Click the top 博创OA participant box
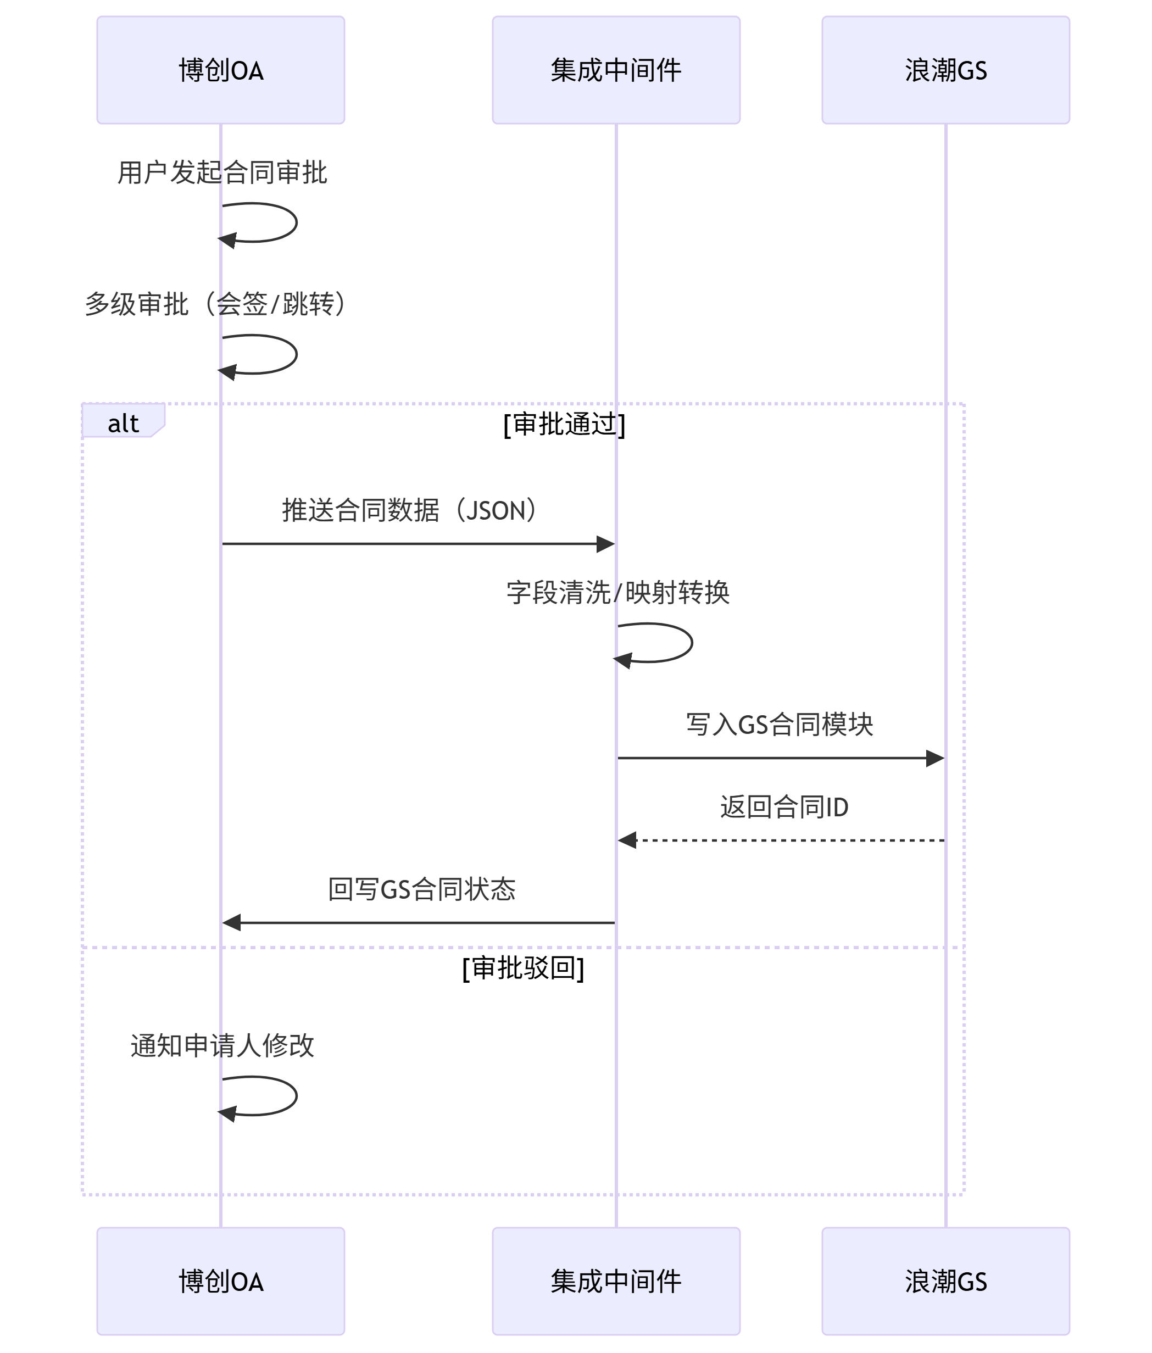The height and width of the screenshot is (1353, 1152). (221, 70)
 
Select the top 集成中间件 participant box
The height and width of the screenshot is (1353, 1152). (616, 70)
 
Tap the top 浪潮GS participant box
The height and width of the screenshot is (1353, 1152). (945, 70)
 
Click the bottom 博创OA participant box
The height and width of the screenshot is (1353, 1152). (221, 1281)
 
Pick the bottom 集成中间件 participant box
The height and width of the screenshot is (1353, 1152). (616, 1281)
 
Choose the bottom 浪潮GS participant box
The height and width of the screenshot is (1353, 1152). (945, 1281)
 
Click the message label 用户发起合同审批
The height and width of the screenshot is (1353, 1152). (222, 173)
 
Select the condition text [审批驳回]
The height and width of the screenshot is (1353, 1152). (523, 968)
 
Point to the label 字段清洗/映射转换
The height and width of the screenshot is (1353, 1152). (618, 593)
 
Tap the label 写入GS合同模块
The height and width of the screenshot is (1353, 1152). (780, 725)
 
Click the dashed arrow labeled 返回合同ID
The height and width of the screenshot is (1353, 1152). (781, 840)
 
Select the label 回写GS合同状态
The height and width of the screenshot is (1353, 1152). (422, 889)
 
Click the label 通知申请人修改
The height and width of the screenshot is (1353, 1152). (222, 1045)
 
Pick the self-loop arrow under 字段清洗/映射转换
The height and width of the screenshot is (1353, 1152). (692, 643)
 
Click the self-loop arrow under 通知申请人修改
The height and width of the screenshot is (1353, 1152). (297, 1096)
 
